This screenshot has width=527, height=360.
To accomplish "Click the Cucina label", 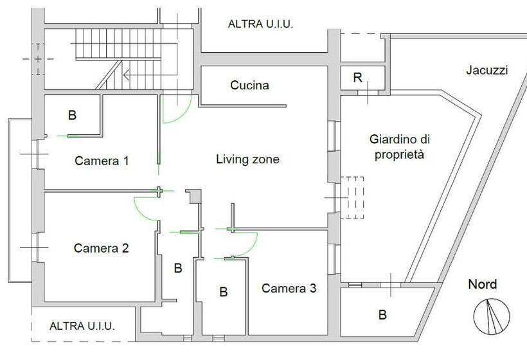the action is pos(250,85).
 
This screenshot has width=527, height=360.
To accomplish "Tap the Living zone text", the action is pos(247,159).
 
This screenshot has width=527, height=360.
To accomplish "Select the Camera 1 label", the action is pos(102,161).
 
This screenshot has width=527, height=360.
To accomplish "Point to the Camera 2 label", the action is pos(101,248).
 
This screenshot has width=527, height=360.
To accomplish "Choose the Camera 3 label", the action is pos(289,288).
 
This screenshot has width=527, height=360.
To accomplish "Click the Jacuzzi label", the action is pos(487,70).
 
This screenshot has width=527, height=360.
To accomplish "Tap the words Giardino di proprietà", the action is pos(399,147).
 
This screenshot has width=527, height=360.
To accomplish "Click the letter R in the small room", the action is pos(358,78).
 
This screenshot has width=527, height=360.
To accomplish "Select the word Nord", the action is pos(482,284).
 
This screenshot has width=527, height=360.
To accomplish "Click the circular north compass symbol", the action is pos(492,316).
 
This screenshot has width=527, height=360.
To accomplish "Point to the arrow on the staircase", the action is pos(150,75).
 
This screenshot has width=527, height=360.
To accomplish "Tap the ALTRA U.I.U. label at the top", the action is pos(260,24).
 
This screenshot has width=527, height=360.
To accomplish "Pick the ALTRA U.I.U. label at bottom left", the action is pos(82,326).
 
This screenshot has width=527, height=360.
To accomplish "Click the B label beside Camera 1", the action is pos(72,115).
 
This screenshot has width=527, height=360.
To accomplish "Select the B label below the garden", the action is pos(382,315).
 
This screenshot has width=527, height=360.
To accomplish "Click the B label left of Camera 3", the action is pos(224,292).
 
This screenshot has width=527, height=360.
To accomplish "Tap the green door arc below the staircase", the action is pos(177,109).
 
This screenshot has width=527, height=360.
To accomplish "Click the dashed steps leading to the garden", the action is pos(352,197).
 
